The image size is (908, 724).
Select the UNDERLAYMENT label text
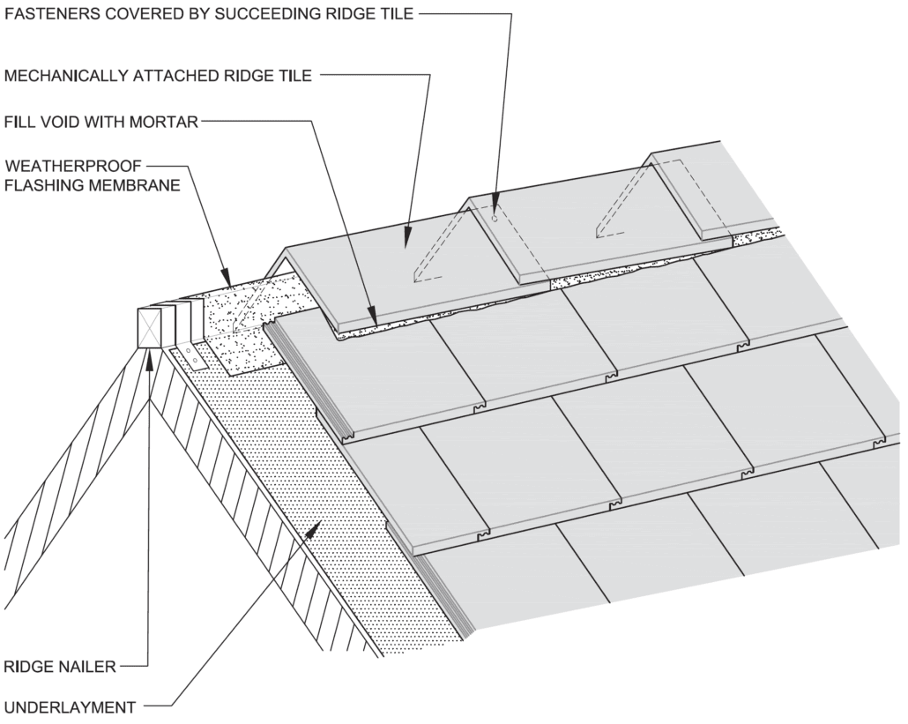70,706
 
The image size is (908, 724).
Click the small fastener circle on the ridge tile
495,218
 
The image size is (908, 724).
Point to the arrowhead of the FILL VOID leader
374,318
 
